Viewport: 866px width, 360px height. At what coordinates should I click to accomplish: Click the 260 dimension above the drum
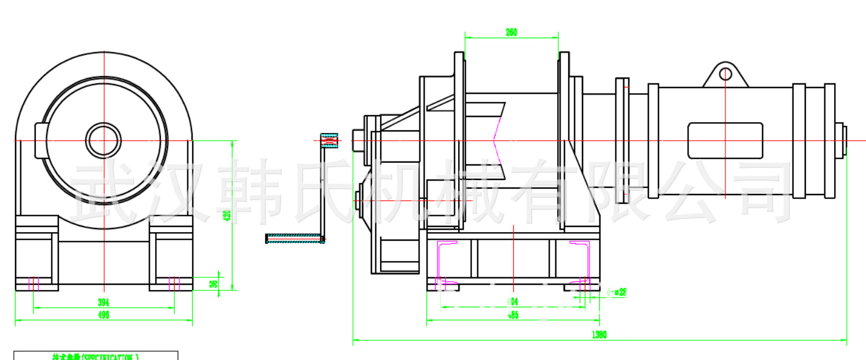511,33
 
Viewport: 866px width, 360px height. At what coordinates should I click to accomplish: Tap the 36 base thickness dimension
213,284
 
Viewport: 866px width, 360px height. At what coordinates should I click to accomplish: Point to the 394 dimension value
104,303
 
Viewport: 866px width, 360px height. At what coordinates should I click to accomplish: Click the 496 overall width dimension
104,315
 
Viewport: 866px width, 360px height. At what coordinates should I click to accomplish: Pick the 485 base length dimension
513,315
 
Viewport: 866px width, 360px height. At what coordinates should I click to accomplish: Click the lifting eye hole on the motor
725,74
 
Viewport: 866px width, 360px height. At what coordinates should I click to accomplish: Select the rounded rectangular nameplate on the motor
725,141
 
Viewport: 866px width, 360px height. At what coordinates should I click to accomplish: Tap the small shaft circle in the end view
104,139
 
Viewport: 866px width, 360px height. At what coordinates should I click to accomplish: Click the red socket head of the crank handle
329,141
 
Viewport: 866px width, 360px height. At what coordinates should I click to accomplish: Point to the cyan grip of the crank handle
293,238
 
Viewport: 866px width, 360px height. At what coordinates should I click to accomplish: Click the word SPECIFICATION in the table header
109,357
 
